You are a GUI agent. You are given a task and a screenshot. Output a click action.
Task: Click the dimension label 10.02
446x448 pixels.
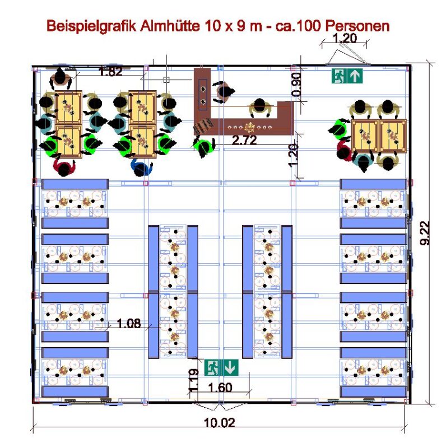point(219,423)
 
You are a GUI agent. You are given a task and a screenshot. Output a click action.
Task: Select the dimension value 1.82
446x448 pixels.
point(110,71)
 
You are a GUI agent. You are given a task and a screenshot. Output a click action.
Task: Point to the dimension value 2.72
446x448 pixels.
point(244,141)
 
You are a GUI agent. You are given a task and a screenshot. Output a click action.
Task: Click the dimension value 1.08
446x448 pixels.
point(128,323)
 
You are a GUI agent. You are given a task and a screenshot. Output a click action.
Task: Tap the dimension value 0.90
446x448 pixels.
point(297,83)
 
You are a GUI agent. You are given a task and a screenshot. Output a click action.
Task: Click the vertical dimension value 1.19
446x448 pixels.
point(192,380)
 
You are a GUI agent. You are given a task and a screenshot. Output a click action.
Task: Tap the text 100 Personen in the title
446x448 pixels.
point(347,26)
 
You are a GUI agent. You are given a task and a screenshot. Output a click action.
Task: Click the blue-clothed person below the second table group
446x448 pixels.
point(141,166)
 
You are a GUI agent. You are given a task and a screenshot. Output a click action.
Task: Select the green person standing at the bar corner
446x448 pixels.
point(203,147)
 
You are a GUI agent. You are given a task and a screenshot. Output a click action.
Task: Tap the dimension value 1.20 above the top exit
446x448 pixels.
point(345,39)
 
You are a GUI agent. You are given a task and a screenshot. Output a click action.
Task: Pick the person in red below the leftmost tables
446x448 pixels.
point(64,166)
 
